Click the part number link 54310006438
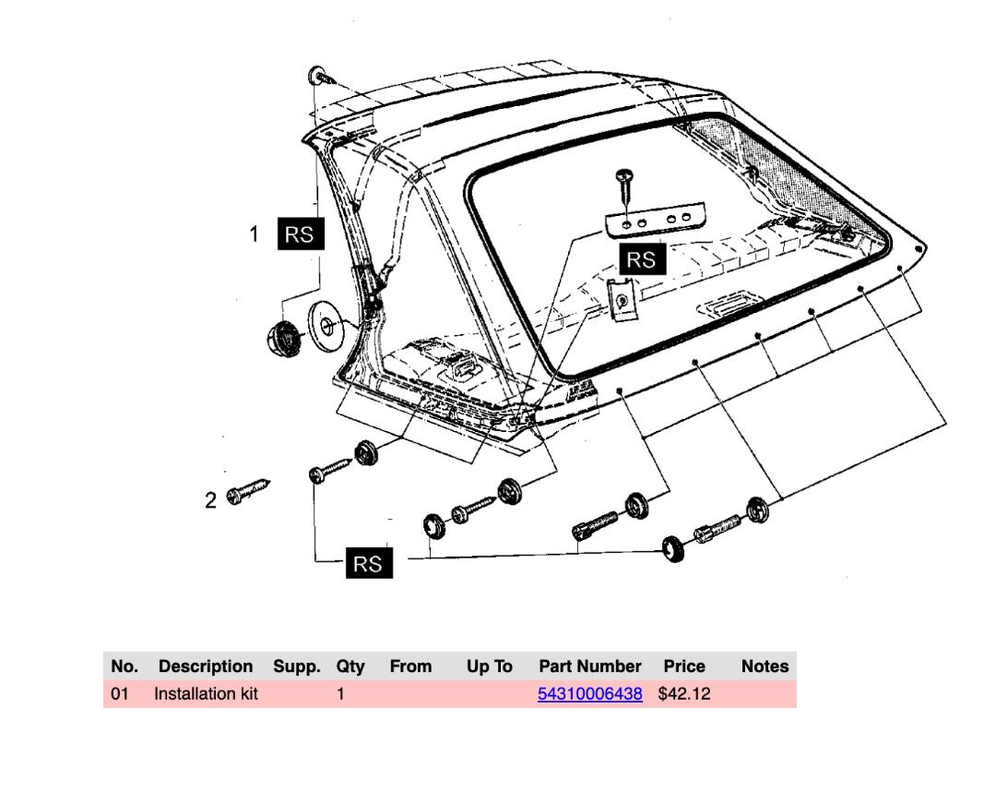coord(589,694)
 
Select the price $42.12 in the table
coord(684,694)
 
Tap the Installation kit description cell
coord(206,694)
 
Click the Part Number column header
coord(589,666)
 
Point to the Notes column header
coord(765,666)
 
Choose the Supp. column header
coord(297,666)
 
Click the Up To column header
coord(489,666)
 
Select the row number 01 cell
coord(120,694)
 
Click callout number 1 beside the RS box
coord(255,234)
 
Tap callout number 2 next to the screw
coord(211,500)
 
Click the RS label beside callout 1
coord(299,234)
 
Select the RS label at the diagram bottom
coord(368,563)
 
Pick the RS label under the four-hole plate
coord(641,259)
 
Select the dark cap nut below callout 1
coord(286,336)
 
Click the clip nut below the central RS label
coord(624,300)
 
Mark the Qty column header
coord(350,666)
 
